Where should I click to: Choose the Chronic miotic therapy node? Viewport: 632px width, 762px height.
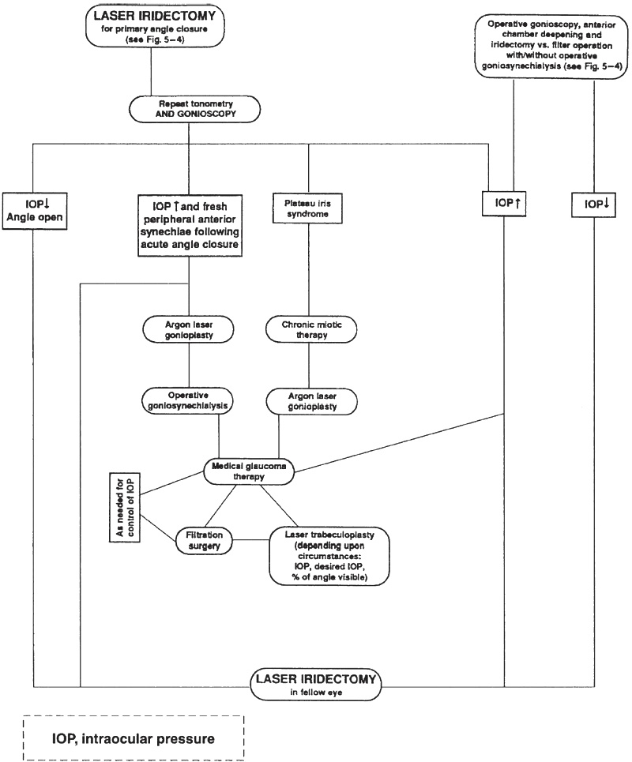point(309,330)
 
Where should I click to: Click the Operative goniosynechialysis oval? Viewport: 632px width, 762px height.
point(189,400)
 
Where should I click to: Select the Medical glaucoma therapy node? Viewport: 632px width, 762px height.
point(249,471)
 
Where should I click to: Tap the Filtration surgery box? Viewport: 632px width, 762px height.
point(207,540)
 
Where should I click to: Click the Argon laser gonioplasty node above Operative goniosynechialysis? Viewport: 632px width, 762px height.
point(189,330)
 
